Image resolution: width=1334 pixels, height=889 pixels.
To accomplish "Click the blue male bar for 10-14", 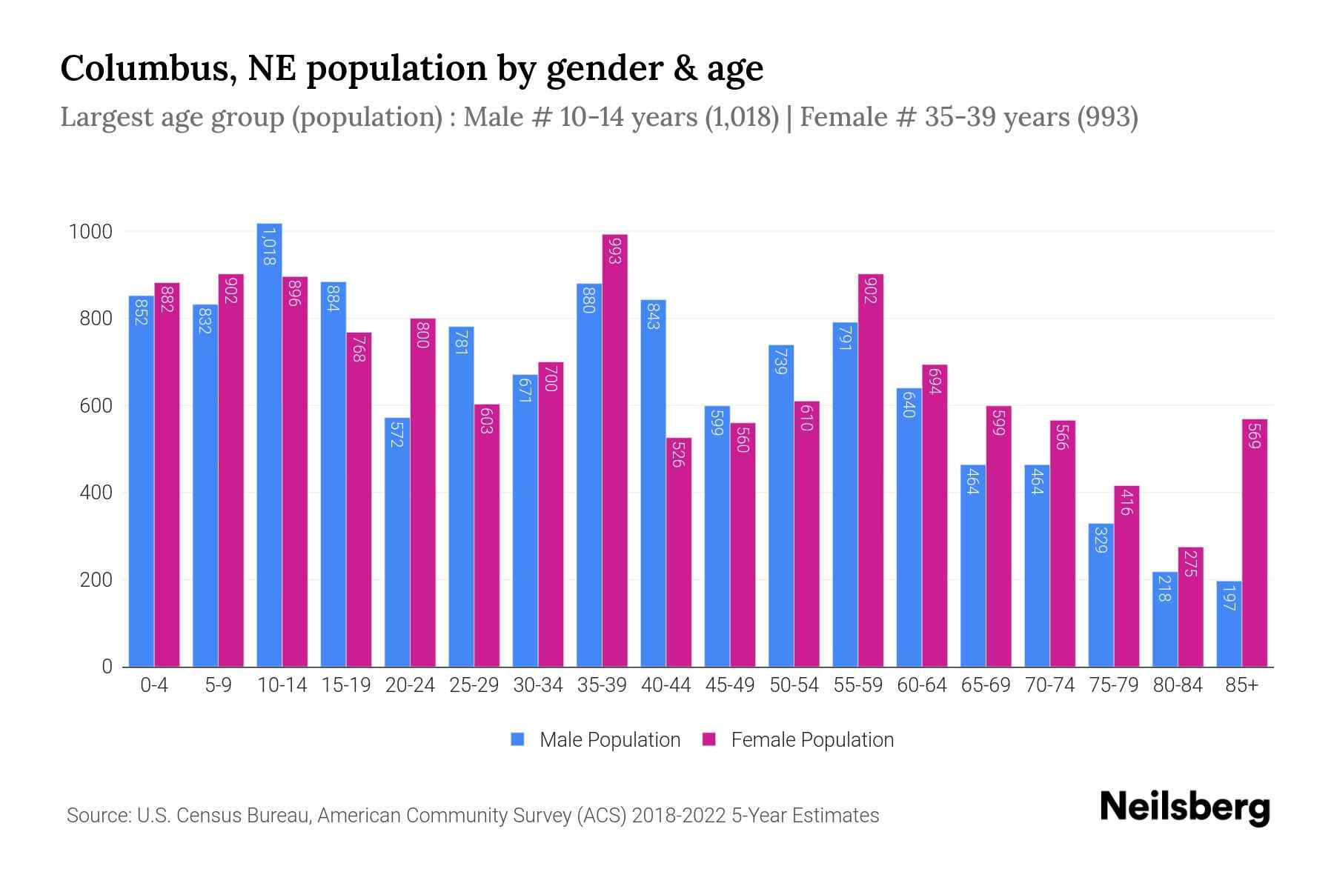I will point(269,444).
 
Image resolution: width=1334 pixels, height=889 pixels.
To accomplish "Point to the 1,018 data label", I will point(269,247).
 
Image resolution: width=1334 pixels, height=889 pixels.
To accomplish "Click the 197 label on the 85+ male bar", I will point(1229,597).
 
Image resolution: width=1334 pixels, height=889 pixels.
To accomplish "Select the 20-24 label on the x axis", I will point(410,685).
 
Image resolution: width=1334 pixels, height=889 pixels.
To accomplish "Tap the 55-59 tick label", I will point(857,685).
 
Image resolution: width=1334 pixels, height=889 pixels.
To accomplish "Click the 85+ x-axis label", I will point(1241,685).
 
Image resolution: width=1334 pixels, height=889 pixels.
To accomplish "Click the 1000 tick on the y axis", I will point(91,232).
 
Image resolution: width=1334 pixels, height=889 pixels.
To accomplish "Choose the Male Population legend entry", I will point(609,740).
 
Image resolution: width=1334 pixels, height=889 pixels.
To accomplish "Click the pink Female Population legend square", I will point(710,739).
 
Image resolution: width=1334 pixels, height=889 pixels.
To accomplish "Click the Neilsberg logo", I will point(1184,808).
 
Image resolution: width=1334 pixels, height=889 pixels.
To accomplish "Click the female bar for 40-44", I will point(679,552).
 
